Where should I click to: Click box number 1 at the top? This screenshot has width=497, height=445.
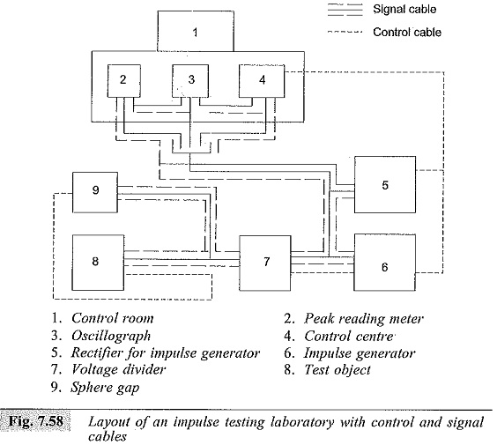(x=196, y=31)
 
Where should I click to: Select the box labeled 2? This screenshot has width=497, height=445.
(x=124, y=81)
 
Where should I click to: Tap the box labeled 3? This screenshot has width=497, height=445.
(x=190, y=81)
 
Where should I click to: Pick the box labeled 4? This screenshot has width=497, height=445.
(x=262, y=81)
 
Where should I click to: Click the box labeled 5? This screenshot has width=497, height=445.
(x=385, y=184)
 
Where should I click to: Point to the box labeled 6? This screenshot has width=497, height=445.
(x=385, y=263)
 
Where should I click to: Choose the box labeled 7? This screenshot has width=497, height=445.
(x=265, y=263)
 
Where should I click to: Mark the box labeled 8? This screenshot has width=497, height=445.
(x=98, y=263)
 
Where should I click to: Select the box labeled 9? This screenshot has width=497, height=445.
(x=95, y=192)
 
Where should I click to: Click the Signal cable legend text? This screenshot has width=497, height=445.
(x=404, y=9)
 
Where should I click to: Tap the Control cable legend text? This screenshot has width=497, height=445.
(x=407, y=32)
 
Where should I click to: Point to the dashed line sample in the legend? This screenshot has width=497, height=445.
(x=345, y=32)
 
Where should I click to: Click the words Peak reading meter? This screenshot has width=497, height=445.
(x=364, y=319)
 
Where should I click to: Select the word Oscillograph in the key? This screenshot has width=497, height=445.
(x=111, y=336)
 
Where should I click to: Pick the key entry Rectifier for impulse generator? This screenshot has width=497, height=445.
(x=166, y=353)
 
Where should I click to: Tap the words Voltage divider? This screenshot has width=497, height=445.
(x=118, y=369)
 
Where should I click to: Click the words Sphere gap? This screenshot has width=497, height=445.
(x=105, y=388)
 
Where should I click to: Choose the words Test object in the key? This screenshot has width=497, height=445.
(x=338, y=370)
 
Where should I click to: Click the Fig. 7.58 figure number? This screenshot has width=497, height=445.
(x=35, y=421)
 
